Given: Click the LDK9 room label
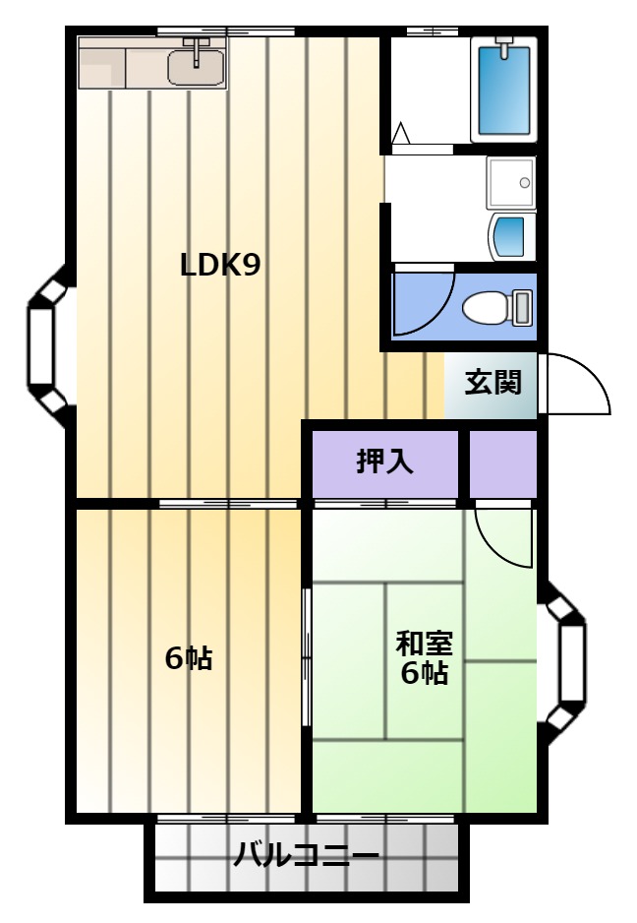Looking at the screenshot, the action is (220, 265).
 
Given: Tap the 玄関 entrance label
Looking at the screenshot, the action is (492, 383).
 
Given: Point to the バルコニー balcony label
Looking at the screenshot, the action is (306, 855).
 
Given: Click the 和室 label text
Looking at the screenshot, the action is (424, 644).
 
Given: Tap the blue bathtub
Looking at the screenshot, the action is (504, 91).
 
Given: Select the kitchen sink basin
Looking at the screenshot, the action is (196, 68).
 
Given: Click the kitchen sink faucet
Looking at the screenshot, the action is (197, 49).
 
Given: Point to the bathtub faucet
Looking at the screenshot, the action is (504, 46).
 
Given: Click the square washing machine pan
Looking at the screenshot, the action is (511, 182).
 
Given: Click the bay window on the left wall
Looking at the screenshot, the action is (51, 345).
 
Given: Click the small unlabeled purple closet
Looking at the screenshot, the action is (503, 464).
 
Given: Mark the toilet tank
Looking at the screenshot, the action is (522, 307).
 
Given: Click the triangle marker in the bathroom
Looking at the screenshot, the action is (400, 133).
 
